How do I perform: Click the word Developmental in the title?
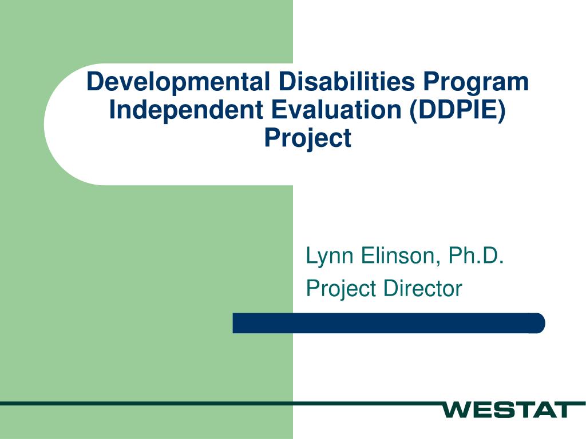tap(178, 83)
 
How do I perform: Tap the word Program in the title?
tap(476, 83)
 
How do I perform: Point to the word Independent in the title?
tap(186, 110)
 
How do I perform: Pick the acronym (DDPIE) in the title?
tap(457, 110)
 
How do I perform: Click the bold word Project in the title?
tap(307, 138)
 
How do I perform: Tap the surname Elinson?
tap(398, 256)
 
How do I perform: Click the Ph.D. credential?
tap(476, 256)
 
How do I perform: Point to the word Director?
tap(423, 289)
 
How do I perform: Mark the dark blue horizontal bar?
tap(389, 323)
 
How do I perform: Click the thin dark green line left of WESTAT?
tap(220, 403)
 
